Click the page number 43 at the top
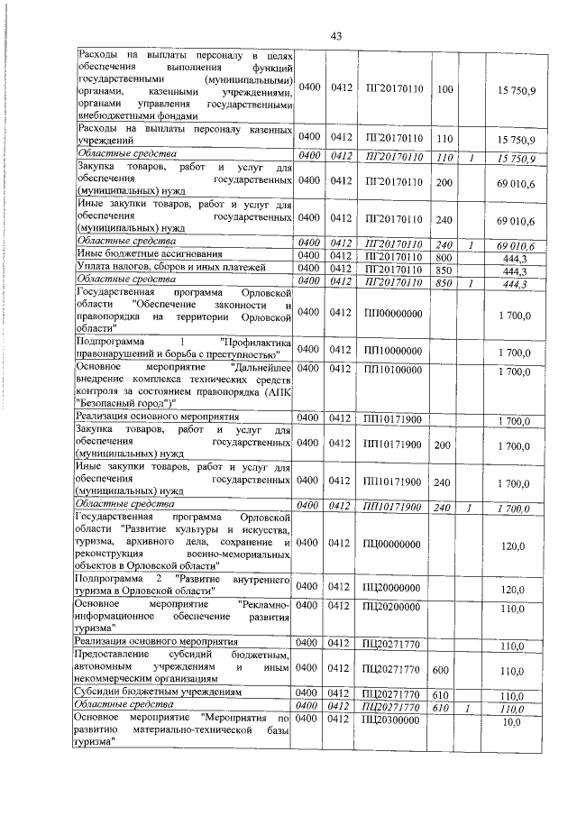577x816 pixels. [x=334, y=36]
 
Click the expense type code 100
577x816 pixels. [x=444, y=91]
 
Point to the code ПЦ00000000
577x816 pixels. [x=393, y=545]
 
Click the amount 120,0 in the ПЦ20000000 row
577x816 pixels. [x=513, y=590]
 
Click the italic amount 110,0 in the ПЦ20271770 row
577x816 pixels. [x=513, y=709]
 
